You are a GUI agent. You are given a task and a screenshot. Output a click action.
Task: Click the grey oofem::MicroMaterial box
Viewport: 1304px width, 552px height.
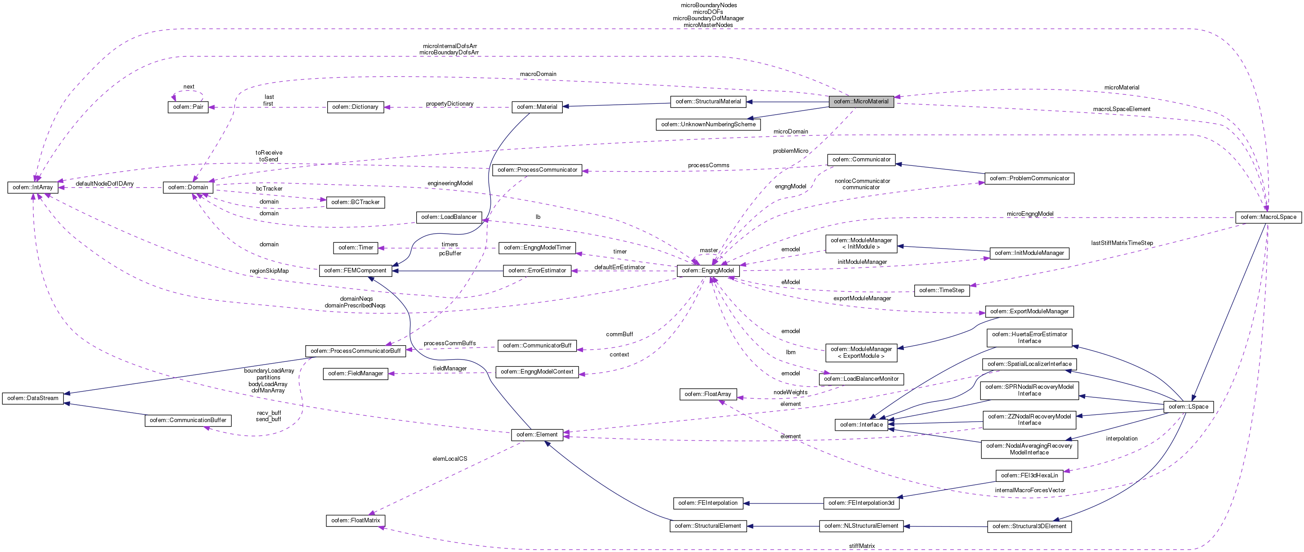coord(860,102)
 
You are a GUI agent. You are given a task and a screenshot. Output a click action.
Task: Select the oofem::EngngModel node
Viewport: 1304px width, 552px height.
coord(708,271)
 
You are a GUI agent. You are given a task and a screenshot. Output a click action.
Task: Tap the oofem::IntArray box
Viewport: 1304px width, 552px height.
coord(33,187)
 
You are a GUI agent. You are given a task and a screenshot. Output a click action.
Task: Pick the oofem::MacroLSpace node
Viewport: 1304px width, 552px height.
coord(1267,217)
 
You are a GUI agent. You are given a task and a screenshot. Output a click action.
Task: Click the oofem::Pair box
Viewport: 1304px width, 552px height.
coord(188,107)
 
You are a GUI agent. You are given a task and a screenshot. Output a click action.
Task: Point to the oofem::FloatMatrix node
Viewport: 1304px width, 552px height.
coord(356,521)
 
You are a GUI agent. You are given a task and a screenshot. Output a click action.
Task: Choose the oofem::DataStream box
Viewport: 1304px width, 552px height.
coord(33,399)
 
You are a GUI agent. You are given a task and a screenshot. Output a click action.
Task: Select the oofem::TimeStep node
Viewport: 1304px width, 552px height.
coord(942,291)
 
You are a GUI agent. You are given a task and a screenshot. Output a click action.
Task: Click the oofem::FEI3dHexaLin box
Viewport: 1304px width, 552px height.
coord(1029,476)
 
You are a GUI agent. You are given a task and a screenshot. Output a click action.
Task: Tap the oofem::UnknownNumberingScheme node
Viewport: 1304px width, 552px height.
coord(708,125)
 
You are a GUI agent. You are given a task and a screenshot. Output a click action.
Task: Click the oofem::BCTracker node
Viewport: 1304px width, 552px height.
coord(356,203)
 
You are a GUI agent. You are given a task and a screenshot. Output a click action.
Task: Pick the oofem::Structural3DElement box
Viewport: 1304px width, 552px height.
coord(1029,526)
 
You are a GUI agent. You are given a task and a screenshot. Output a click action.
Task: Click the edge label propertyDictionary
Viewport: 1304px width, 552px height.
coord(450,104)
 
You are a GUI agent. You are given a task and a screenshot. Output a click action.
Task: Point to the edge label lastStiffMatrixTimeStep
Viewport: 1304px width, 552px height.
coord(1122,243)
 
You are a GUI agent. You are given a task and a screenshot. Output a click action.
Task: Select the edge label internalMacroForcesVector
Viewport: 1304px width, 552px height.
coord(1030,490)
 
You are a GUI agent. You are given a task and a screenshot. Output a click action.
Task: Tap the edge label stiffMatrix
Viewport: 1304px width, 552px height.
coord(862,546)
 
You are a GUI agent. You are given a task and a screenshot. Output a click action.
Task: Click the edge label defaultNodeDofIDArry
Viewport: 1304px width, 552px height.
coord(105,184)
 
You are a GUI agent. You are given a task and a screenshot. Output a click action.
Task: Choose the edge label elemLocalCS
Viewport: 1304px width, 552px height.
coord(450,459)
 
